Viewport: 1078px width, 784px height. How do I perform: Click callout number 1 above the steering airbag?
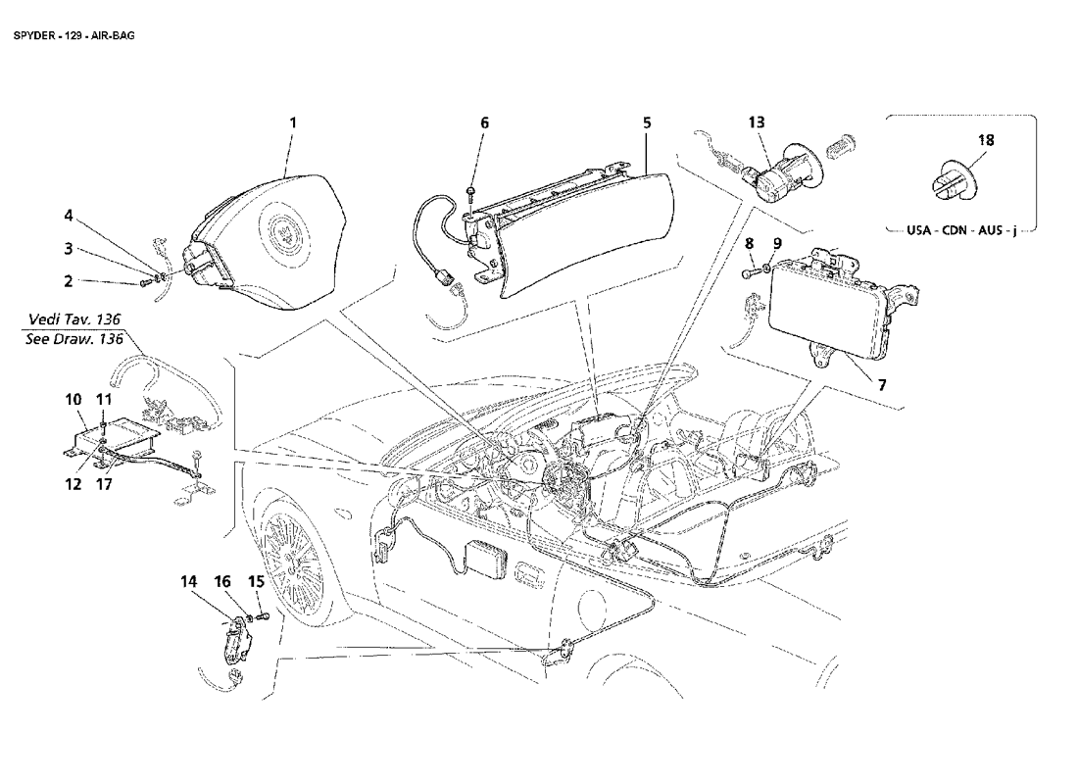coord(293,123)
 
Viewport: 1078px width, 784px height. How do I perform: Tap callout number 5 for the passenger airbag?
coord(647,123)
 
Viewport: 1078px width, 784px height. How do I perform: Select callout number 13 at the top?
coord(757,122)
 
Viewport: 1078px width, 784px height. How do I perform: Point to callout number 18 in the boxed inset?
coord(986,140)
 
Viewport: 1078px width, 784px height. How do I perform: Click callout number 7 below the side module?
coord(882,385)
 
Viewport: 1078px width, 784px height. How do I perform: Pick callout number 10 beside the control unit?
coord(73,400)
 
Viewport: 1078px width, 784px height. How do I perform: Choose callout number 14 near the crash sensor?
coord(188,582)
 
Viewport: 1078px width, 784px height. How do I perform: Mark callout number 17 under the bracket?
coord(104,484)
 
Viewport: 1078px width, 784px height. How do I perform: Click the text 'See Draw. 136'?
coord(73,339)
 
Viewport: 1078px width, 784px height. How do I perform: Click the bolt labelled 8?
coord(750,273)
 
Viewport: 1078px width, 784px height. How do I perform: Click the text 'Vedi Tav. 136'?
coord(74,319)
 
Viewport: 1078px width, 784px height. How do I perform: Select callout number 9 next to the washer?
coord(777,243)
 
